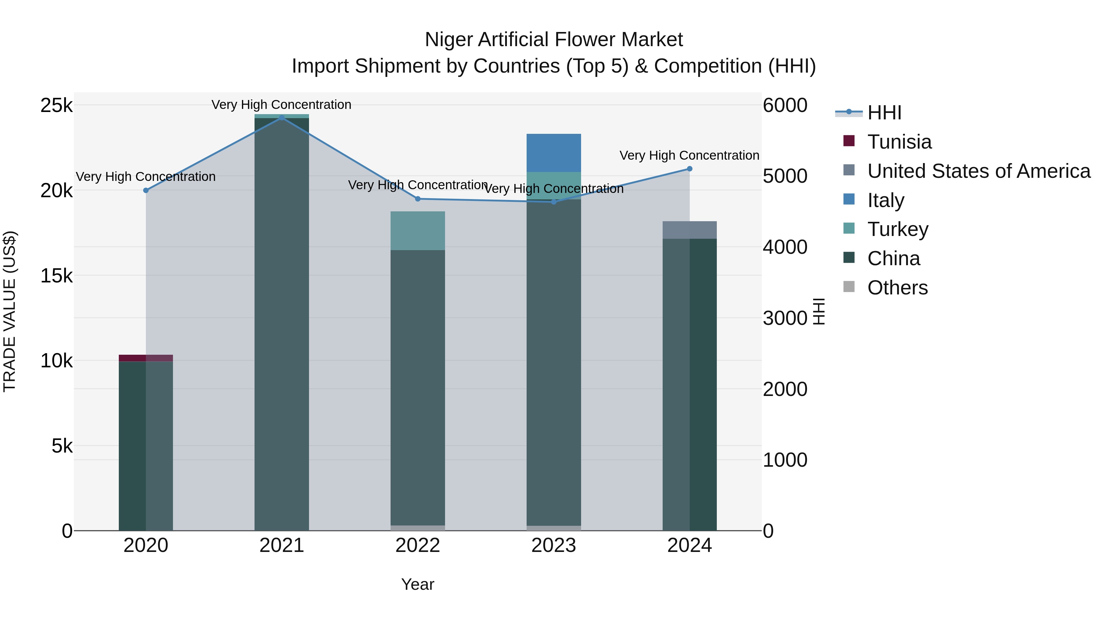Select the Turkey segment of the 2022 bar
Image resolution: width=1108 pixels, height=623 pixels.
tap(418, 230)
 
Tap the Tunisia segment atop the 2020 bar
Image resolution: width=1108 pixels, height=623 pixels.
tap(146, 358)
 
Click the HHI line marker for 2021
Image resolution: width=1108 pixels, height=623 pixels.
tap(282, 118)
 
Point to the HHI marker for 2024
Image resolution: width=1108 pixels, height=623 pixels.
tap(689, 169)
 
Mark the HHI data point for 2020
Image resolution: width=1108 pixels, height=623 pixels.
tap(146, 190)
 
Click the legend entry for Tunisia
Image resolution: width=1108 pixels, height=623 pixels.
tap(899, 142)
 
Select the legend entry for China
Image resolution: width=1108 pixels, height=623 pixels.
tap(893, 258)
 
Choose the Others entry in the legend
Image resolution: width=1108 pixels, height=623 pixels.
tap(897, 288)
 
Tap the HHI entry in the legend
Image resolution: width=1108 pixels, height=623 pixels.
tap(884, 113)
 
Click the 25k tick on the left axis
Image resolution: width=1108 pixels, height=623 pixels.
tap(56, 105)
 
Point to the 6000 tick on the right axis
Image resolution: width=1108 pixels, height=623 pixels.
tap(785, 105)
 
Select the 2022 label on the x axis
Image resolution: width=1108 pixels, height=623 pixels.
tap(418, 545)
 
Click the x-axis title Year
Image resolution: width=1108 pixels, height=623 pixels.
tap(418, 584)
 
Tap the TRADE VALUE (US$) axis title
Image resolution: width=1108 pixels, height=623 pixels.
tap(10, 311)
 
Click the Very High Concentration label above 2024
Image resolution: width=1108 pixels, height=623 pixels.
tap(689, 155)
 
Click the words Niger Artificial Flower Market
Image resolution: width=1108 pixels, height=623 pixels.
tap(554, 40)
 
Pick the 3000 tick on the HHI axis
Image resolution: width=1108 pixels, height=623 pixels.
tap(785, 318)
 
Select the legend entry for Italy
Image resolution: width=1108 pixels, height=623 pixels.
tap(885, 200)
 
